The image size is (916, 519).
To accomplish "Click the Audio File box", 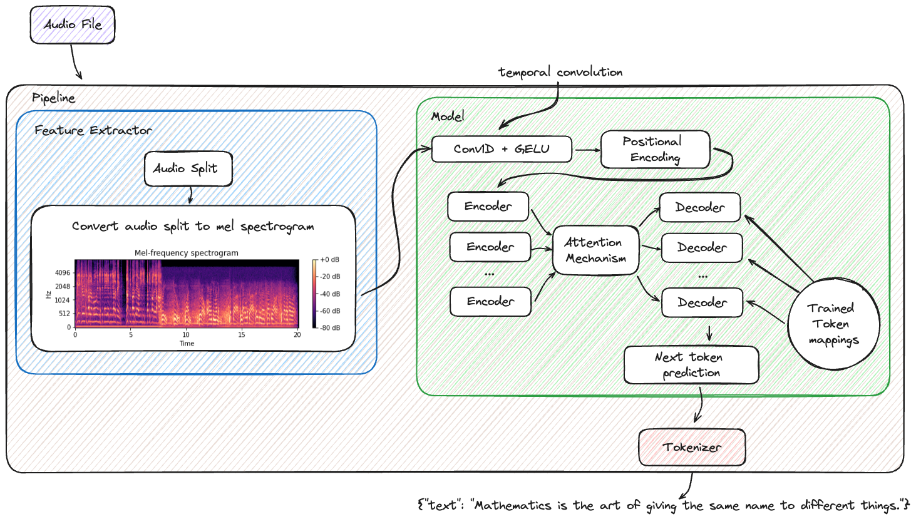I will pyautogui.click(x=73, y=25).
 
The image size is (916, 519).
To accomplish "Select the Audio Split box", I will pyautogui.click(x=188, y=168).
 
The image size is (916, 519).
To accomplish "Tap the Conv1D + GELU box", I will pyautogui.click(x=502, y=149).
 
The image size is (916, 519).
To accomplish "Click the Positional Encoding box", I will pyautogui.click(x=655, y=150).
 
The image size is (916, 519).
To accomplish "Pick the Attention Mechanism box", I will pyautogui.click(x=595, y=250).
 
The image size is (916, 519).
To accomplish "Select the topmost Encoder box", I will pyautogui.click(x=488, y=207).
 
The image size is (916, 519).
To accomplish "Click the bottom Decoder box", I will pyautogui.click(x=702, y=303).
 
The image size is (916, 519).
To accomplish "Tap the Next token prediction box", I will pyautogui.click(x=691, y=364).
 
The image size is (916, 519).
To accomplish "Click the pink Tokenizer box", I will pyautogui.click(x=692, y=447).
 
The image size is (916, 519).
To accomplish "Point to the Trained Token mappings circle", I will pyautogui.click(x=833, y=324).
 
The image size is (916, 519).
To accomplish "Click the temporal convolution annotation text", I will pyautogui.click(x=560, y=72).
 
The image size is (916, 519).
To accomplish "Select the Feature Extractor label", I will pyautogui.click(x=93, y=130).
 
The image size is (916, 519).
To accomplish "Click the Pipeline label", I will pyautogui.click(x=54, y=98).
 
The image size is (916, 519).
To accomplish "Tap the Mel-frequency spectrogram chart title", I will pyautogui.click(x=187, y=253).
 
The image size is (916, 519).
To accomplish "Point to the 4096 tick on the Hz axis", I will pyautogui.click(x=63, y=273).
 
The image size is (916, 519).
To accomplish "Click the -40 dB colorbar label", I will pyautogui.click(x=330, y=294).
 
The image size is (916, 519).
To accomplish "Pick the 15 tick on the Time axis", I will pyautogui.click(x=242, y=335).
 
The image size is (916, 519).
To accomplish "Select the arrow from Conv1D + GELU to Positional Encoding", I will pyautogui.click(x=587, y=150).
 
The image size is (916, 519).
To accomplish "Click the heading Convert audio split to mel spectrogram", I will pyautogui.click(x=193, y=227).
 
